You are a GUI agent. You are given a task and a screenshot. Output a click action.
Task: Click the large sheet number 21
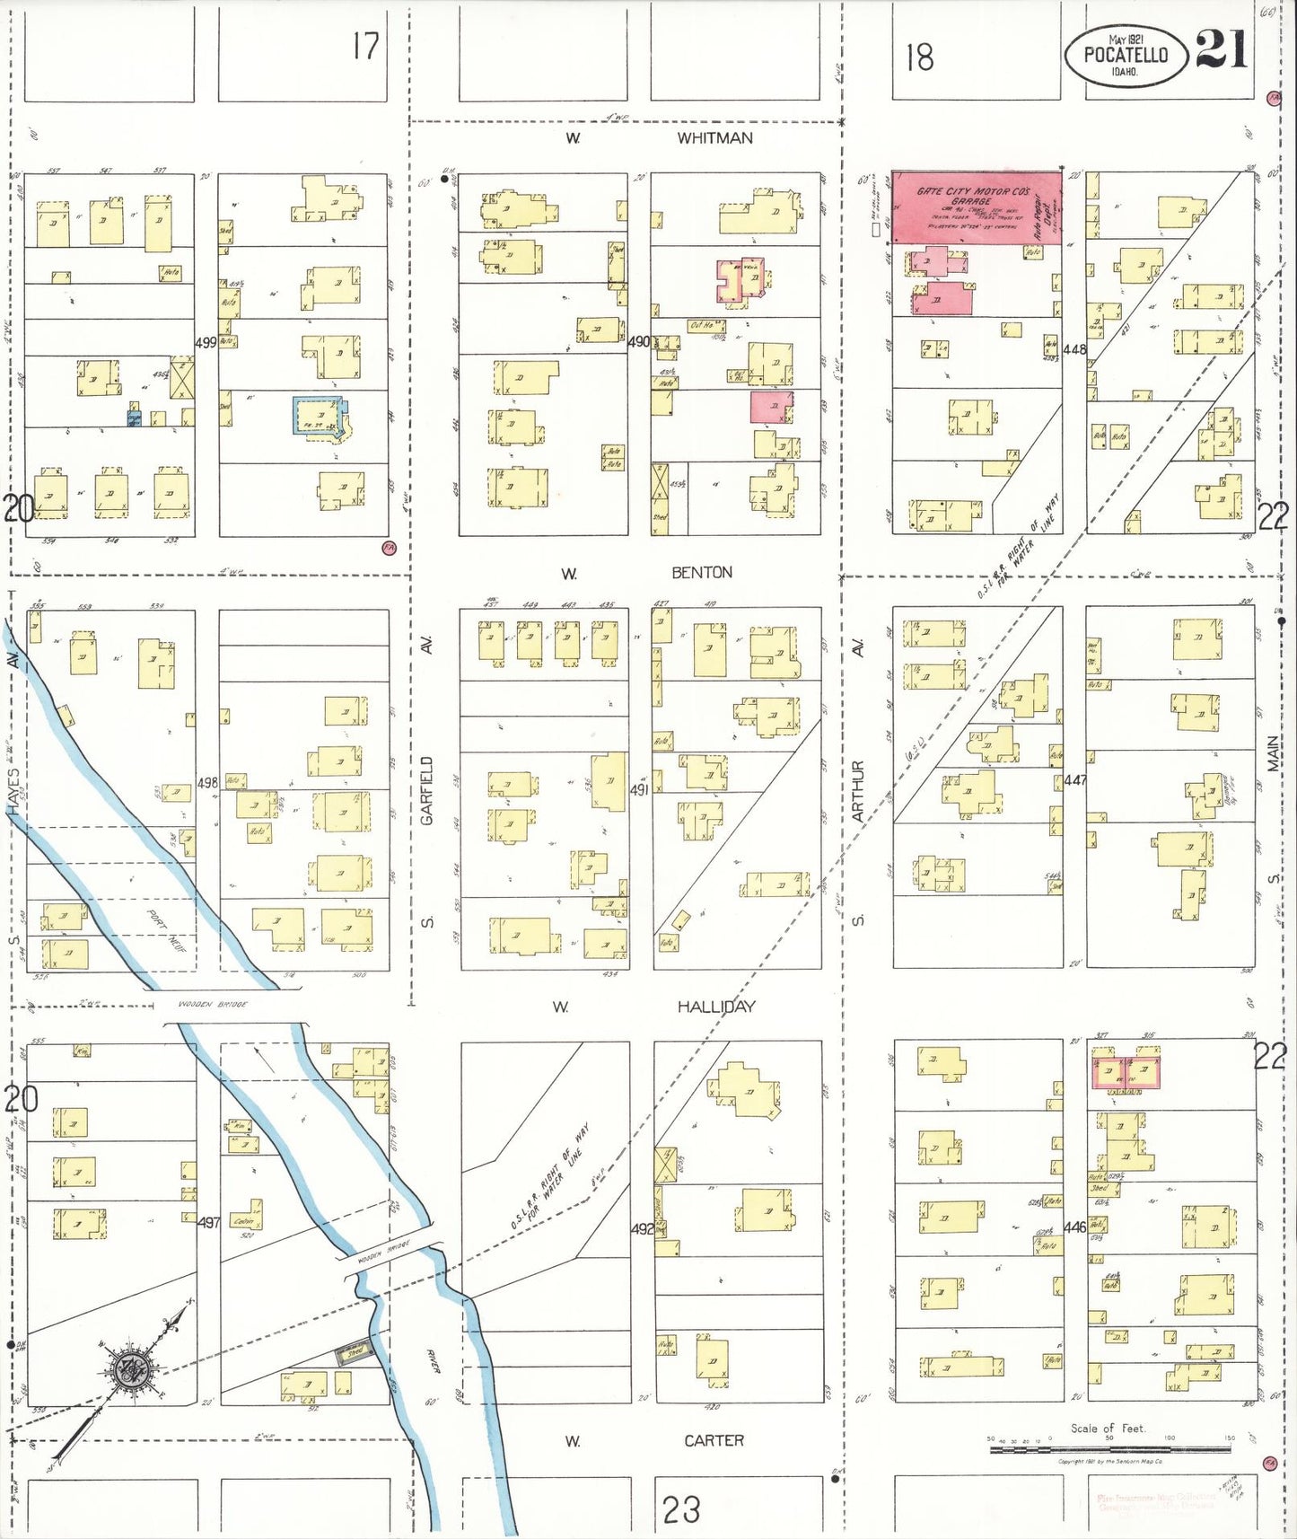(x=1222, y=49)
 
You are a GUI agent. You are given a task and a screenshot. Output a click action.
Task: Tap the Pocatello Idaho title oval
(x=1126, y=55)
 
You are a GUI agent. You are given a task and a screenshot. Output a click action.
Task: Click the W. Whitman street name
(x=714, y=138)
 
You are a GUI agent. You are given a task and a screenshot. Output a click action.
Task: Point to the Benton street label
(x=702, y=573)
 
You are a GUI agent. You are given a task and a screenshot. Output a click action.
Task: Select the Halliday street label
(x=715, y=1007)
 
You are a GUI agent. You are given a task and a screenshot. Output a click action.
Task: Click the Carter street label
(x=714, y=1440)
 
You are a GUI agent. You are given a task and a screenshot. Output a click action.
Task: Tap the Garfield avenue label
(x=427, y=790)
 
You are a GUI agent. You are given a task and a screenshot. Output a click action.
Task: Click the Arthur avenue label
(x=858, y=790)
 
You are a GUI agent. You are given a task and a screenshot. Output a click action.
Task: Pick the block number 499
(x=206, y=342)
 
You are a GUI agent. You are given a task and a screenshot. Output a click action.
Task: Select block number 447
(x=1074, y=780)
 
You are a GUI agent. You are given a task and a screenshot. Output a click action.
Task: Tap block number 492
(x=642, y=1228)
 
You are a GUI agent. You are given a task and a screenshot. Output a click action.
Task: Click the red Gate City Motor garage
(x=976, y=207)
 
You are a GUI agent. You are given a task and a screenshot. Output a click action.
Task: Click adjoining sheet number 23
(x=681, y=1508)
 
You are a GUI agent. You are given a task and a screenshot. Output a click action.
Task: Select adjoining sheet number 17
(x=365, y=46)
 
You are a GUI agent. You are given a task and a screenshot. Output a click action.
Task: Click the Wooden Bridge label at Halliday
(x=213, y=1005)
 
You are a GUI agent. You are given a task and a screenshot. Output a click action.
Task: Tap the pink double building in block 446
(x=1126, y=1072)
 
